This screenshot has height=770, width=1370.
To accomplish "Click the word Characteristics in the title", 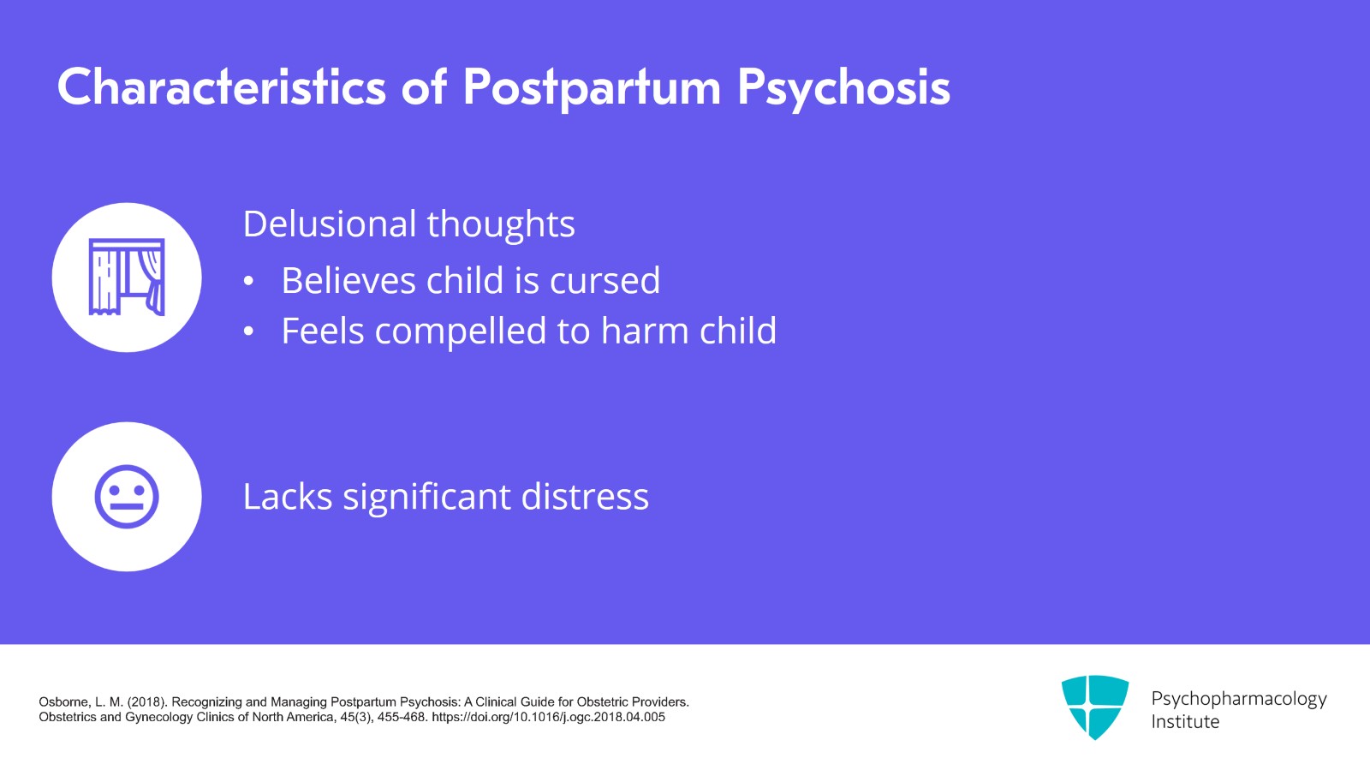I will coord(222,87).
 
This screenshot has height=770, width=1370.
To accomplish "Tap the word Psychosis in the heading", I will coord(843,87).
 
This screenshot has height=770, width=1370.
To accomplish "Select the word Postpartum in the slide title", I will coord(592,87).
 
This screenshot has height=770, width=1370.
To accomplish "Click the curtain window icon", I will coord(127,278).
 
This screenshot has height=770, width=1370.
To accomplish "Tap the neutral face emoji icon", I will coord(127,497).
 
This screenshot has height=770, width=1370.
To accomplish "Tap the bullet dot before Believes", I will coord(249,282).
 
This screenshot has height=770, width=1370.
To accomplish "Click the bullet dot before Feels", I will coord(249,332).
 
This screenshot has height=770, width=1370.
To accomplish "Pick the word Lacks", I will coord(288,497).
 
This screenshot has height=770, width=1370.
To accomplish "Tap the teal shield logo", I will coord(1094,707).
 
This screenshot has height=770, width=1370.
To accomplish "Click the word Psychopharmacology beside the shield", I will coord(1238,698).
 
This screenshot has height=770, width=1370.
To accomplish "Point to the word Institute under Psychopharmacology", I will coord(1185,722).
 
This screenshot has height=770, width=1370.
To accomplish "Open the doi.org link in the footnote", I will coord(548,718).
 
